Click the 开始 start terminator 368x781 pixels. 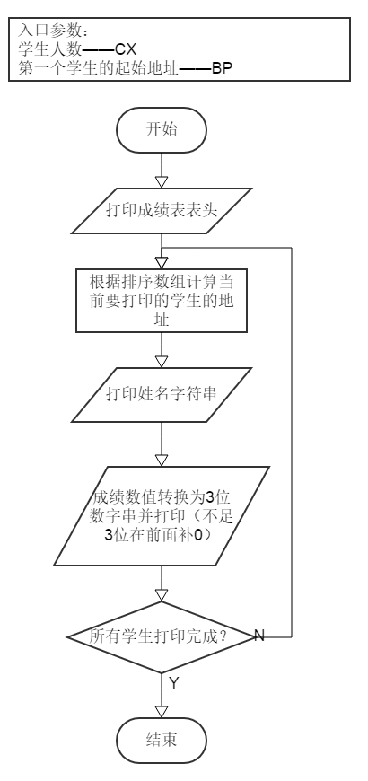click(162, 130)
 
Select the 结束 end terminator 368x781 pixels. click(162, 741)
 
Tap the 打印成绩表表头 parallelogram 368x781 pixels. click(162, 211)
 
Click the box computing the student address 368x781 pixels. click(162, 301)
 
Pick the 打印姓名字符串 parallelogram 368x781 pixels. click(162, 394)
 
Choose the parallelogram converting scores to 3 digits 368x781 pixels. click(162, 516)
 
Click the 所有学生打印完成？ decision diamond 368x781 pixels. click(162, 637)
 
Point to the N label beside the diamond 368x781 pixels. click(259, 636)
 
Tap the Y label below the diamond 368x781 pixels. click(173, 683)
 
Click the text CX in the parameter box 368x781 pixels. click(126, 49)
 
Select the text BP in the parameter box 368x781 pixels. click(222, 67)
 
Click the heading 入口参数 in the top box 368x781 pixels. click(49, 31)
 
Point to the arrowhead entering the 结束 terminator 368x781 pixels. click(162, 712)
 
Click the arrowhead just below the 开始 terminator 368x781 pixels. click(162, 182)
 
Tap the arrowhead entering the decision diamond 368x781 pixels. click(162, 595)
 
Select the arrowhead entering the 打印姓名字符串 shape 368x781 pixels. click(162, 362)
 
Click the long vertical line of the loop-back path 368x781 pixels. click(292, 443)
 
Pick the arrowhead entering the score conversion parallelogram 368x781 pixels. click(162, 461)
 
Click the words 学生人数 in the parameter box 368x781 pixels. click(49, 49)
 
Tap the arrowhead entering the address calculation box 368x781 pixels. click(162, 263)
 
